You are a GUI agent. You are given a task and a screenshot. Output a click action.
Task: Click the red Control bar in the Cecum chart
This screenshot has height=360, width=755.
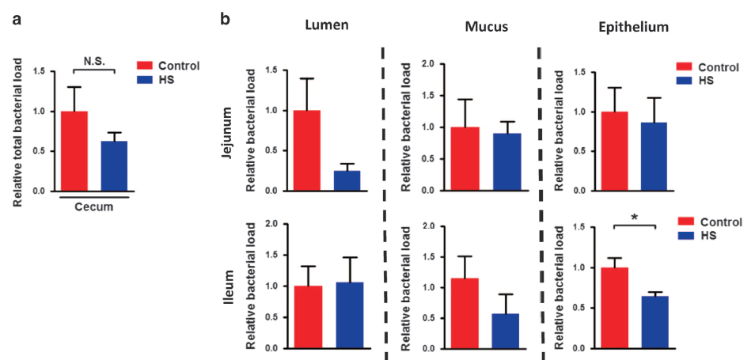(74, 151)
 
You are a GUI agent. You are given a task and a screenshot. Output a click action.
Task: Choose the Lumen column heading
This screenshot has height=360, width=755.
(327, 25)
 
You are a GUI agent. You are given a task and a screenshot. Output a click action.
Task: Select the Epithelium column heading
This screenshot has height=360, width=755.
(634, 27)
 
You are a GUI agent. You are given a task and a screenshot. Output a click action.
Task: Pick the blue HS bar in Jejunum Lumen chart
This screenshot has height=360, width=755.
(347, 180)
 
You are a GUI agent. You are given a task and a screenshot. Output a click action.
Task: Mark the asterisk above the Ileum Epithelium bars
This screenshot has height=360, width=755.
(634, 217)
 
